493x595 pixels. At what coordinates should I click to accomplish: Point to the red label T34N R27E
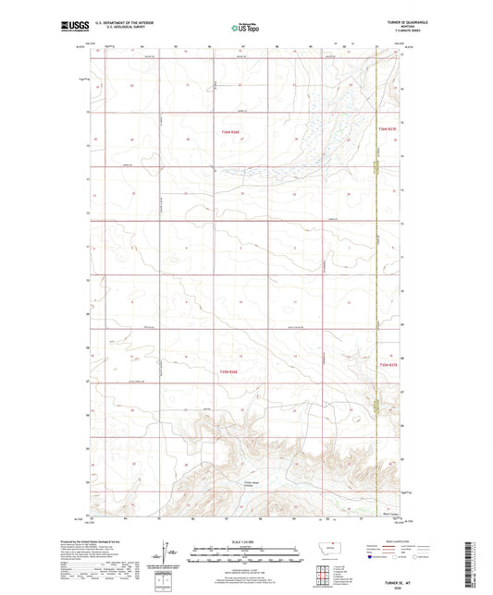click(388, 128)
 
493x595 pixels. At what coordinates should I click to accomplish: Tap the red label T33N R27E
click(388, 367)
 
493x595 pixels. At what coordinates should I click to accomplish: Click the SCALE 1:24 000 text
click(245, 541)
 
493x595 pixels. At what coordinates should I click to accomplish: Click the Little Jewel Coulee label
click(253, 485)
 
